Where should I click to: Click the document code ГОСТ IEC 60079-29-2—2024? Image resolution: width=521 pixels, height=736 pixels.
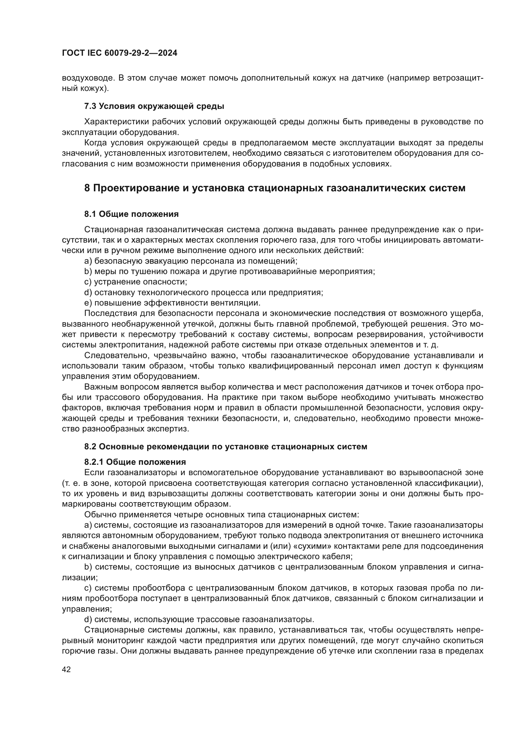click(x=119, y=53)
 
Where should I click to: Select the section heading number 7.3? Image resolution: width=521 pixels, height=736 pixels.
click(x=90, y=106)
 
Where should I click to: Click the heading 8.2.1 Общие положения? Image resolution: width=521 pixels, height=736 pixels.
click(x=135, y=462)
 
